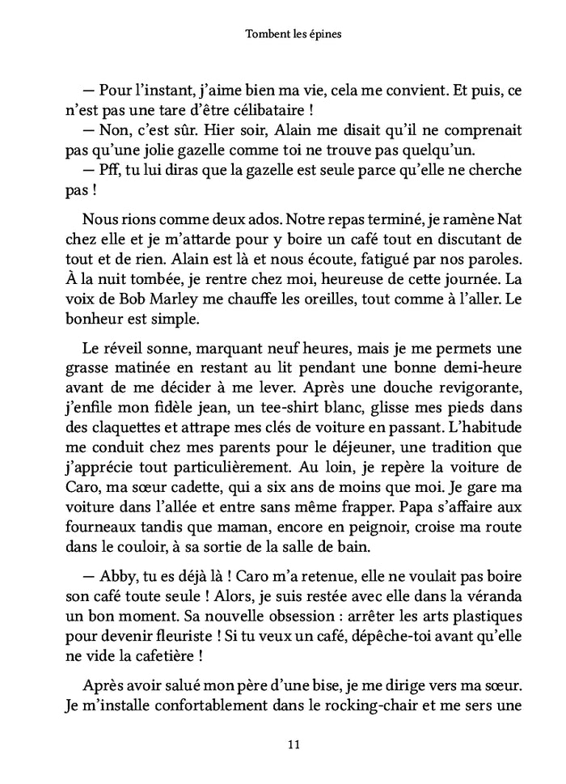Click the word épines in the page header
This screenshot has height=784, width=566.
tap(325, 36)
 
